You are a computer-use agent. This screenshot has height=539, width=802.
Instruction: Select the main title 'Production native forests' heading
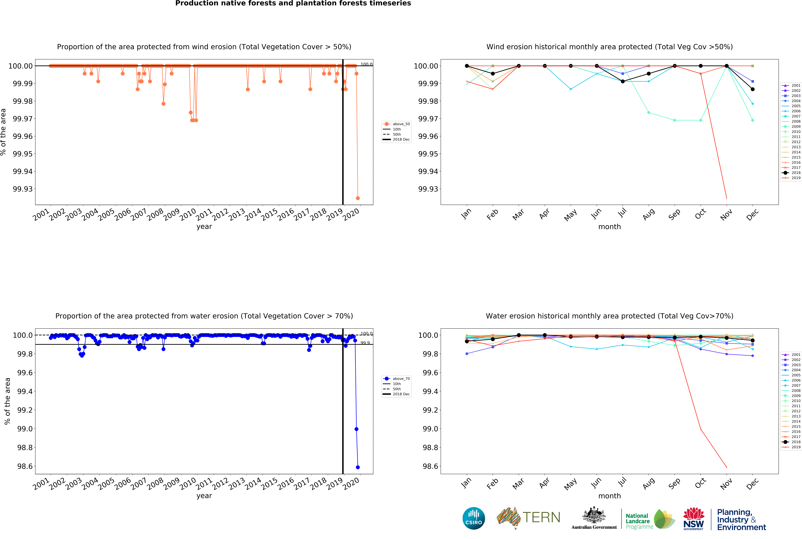click(x=293, y=3)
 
